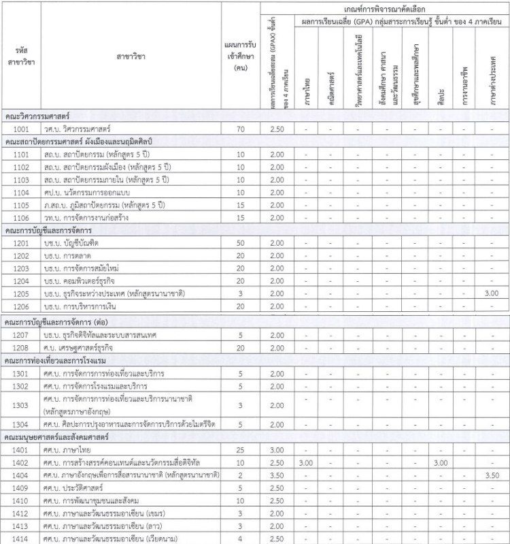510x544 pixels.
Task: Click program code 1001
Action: click(x=20, y=129)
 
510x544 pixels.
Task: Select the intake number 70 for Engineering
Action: click(x=240, y=129)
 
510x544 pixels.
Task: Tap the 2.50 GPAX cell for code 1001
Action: click(x=277, y=129)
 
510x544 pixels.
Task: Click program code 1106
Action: click(x=20, y=217)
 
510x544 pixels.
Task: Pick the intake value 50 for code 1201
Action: click(x=240, y=243)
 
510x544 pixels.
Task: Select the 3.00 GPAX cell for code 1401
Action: click(x=277, y=450)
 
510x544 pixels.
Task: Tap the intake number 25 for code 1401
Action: click(x=240, y=450)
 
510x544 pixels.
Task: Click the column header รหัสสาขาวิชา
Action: click(x=20, y=57)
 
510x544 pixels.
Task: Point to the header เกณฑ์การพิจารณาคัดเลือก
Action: click(x=385, y=7)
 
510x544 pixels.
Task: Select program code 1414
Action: click(x=20, y=539)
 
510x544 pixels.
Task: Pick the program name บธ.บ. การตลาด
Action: click(x=78, y=256)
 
